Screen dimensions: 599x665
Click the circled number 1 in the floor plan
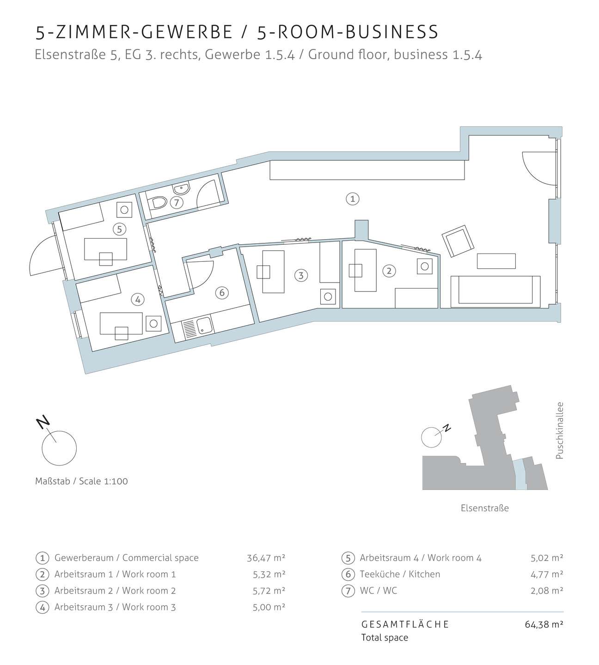point(353,199)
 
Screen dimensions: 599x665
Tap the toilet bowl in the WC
point(157,203)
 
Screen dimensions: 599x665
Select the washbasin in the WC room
point(181,188)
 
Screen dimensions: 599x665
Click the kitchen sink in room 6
point(203,326)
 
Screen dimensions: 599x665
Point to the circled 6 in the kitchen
point(222,293)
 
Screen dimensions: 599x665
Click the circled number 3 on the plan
point(301,276)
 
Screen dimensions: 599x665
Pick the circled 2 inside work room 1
point(389,271)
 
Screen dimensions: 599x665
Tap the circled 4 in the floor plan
point(138,300)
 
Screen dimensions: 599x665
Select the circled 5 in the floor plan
point(119,229)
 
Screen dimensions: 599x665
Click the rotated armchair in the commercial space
point(458,241)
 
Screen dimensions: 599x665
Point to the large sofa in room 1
point(495,291)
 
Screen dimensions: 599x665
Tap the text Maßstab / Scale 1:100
point(81,481)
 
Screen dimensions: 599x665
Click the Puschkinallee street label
point(560,430)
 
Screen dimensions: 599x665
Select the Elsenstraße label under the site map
point(484,508)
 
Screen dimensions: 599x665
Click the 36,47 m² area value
point(266,558)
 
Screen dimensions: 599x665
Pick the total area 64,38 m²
point(544,624)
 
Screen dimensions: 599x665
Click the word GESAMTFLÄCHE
point(405,624)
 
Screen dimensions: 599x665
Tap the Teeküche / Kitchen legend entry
point(400,574)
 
